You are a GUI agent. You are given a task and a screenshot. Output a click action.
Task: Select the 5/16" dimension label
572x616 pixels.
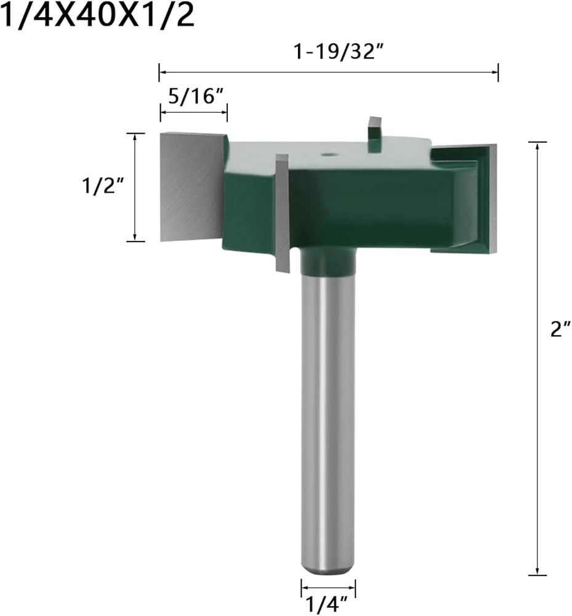tap(196, 96)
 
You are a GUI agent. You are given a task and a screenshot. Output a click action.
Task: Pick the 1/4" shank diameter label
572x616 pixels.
tap(326, 604)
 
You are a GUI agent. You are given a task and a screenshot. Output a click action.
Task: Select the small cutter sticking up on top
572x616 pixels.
tap(374, 134)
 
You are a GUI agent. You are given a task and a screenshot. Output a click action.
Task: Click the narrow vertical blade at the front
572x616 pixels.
tap(282, 213)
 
